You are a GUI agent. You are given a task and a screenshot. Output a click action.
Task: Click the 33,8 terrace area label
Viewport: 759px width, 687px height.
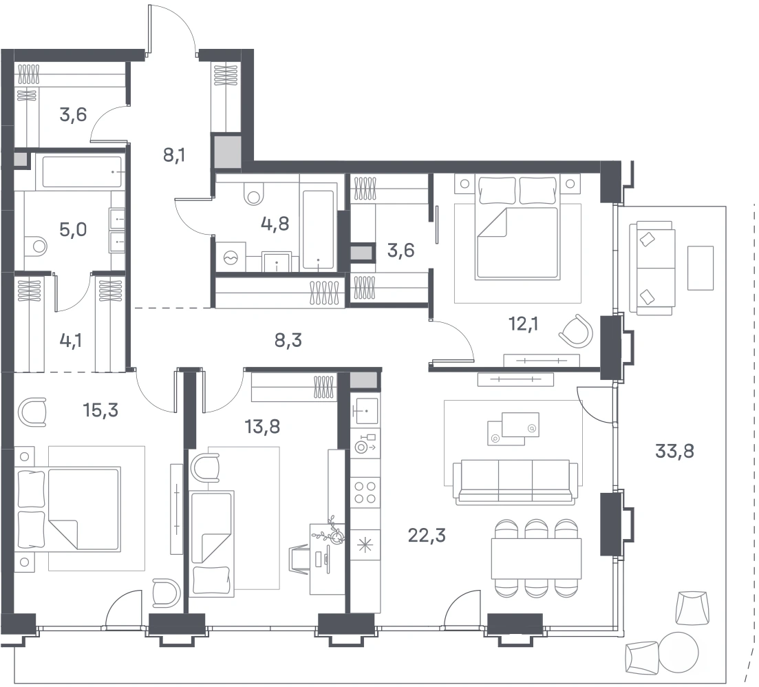pos(674,451)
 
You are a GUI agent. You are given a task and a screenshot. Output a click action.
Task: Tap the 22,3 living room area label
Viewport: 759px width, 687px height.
pos(427,536)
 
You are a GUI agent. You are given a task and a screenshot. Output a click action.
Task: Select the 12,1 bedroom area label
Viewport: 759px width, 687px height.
pos(523,324)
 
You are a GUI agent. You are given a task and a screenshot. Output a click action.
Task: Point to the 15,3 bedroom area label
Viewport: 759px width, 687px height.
pos(100,410)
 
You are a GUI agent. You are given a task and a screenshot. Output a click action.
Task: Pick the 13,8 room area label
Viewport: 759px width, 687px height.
pos(262,427)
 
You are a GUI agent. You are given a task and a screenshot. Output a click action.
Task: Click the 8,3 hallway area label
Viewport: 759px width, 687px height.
pos(288,340)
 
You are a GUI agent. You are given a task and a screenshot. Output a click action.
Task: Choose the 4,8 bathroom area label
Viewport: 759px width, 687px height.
pos(275,224)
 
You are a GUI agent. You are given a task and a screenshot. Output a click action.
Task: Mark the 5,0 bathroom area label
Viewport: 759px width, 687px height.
pos(73,229)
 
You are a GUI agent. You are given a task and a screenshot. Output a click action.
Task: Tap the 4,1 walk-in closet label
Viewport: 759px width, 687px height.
pos(71,341)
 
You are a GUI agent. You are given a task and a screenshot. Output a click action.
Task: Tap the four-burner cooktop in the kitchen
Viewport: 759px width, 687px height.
pos(365,492)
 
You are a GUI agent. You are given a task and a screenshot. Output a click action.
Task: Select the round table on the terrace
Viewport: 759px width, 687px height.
pos(678,652)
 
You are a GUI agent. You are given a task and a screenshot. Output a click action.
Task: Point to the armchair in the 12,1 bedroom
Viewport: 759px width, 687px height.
pos(577,331)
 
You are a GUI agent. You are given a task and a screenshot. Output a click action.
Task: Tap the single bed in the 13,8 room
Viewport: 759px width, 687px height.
pos(212,542)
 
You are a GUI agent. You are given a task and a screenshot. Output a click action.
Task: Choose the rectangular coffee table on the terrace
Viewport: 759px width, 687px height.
pos(701,268)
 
